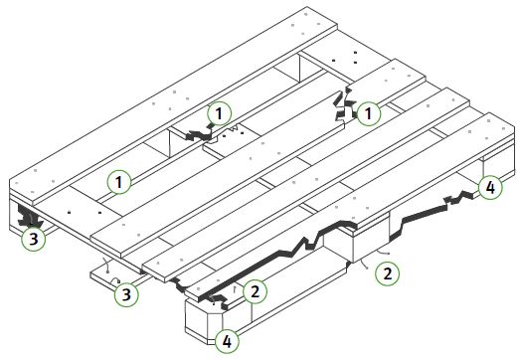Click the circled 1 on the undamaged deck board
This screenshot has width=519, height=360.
(119, 182)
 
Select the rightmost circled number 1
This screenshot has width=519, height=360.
(369, 114)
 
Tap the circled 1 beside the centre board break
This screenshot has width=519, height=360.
(220, 113)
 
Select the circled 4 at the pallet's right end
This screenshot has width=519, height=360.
(488, 187)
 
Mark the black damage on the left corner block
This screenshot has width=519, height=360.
(28, 214)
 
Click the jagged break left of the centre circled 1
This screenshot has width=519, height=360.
(196, 132)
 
